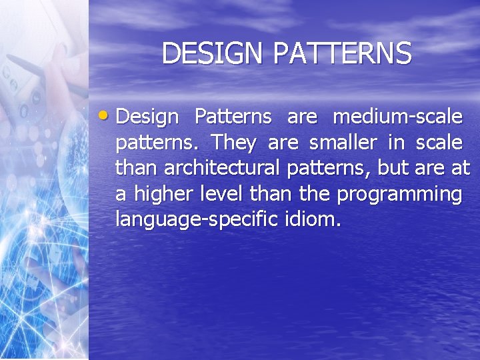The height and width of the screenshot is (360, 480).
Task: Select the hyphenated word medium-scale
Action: (x=397, y=117)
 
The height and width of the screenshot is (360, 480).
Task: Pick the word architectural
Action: (x=223, y=168)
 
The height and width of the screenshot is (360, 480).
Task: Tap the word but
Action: (x=393, y=168)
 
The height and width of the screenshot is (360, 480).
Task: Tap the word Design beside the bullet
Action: (x=147, y=117)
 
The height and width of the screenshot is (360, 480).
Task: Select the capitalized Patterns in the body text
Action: (x=233, y=117)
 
